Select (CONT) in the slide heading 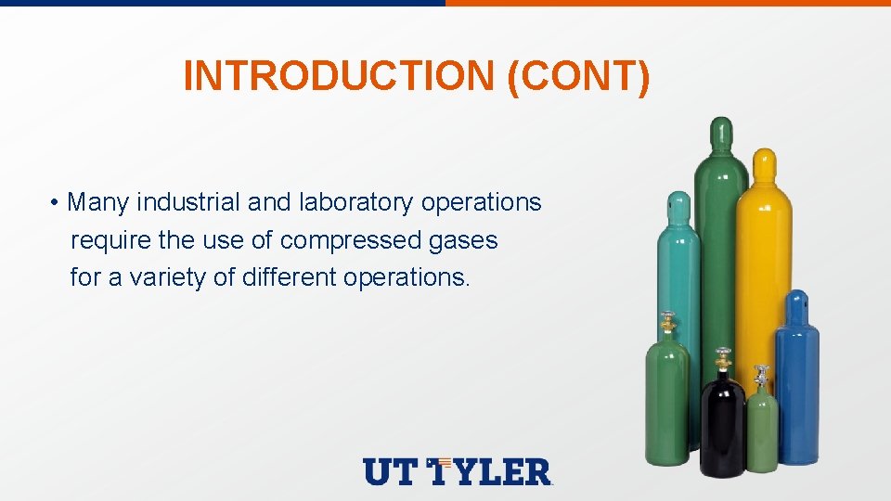coord(579,75)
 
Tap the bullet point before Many coord(56,203)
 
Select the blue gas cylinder coord(797,390)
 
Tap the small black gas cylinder coord(722,427)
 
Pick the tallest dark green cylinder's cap coord(720,135)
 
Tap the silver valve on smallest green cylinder coord(761,375)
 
